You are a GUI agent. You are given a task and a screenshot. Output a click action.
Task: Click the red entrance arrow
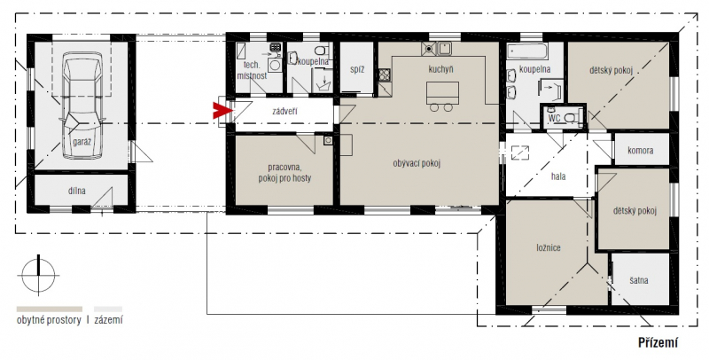click(x=222, y=110)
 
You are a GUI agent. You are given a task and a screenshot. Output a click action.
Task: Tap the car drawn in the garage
click(x=82, y=106)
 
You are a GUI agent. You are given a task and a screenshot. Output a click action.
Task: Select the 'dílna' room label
click(x=77, y=191)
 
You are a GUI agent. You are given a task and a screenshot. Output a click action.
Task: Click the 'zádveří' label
click(x=284, y=111)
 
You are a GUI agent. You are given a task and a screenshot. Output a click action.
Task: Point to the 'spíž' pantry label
click(x=357, y=70)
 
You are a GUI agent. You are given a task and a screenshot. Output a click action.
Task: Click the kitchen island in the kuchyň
click(x=442, y=93)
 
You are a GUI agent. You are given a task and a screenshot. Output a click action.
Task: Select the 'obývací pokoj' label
click(x=417, y=164)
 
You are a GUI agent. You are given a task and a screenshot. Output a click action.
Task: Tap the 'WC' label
click(x=555, y=119)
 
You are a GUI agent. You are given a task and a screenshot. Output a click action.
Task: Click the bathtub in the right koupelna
click(x=527, y=51)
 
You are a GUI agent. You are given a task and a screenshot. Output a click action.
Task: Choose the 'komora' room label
click(x=640, y=150)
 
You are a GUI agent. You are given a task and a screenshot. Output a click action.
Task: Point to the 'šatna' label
click(x=638, y=280)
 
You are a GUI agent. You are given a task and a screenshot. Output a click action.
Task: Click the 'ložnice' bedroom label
click(x=549, y=248)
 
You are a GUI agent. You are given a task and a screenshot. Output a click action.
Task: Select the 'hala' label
click(x=558, y=176)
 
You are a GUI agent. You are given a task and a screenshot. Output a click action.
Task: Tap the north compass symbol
click(x=38, y=275)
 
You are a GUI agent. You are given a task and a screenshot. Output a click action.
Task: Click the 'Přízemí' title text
click(x=658, y=343)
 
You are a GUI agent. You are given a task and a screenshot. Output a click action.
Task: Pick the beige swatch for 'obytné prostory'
click(x=50, y=309)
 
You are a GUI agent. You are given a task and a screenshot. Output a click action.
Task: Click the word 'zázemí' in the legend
click(x=108, y=320)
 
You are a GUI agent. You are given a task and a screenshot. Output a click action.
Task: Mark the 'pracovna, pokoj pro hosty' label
click(x=284, y=173)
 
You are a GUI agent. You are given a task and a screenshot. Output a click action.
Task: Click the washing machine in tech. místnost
click(x=275, y=65)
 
